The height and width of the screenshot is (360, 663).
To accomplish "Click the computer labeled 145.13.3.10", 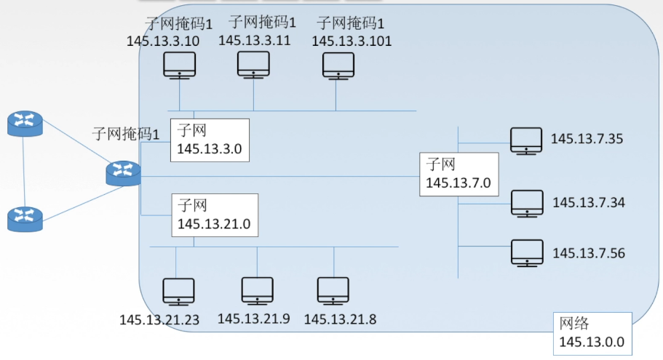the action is (x=179, y=65).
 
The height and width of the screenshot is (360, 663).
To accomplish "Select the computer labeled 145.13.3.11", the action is (x=253, y=65).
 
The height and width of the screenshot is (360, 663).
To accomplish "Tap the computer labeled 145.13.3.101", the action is (x=338, y=66).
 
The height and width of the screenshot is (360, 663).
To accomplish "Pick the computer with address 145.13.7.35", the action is (x=526, y=141).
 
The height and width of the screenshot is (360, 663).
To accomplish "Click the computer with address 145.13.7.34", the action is (x=527, y=204).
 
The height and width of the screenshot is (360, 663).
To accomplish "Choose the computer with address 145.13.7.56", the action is (x=527, y=253).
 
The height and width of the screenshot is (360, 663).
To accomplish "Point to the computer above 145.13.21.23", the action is (x=178, y=292).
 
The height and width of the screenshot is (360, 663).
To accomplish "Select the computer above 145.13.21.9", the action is (x=257, y=291).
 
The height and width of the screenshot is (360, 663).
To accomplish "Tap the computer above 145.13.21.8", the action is (x=333, y=291).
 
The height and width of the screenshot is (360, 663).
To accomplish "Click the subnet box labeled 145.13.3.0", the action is (x=210, y=140).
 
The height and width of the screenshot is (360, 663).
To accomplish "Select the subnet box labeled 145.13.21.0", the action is (x=215, y=215).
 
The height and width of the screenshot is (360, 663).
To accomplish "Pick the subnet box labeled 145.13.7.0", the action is (x=458, y=175).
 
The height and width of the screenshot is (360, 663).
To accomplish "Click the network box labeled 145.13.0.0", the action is (x=592, y=334).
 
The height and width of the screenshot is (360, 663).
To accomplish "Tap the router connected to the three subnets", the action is (x=123, y=173).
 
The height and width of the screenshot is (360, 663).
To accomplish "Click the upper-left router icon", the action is (x=25, y=124).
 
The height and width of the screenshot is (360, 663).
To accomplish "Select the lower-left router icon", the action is (x=25, y=219).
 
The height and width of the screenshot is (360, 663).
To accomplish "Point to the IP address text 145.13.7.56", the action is (x=589, y=253).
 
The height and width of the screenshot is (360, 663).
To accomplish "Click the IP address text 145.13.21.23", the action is (x=159, y=320).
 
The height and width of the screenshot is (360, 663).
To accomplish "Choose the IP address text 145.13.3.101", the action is (x=352, y=41).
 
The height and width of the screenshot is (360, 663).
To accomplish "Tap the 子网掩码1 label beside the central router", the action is (x=126, y=134).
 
